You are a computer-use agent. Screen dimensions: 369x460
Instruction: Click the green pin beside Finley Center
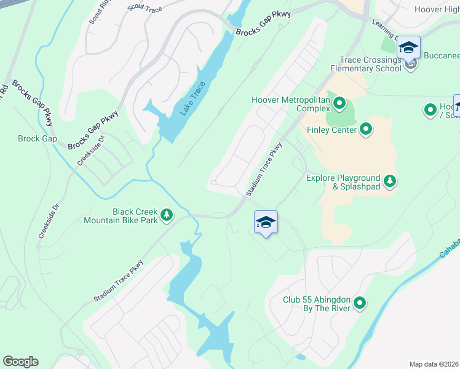pyautogui.click(x=366, y=129)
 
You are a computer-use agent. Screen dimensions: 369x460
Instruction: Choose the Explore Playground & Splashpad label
pyautogui.click(x=343, y=182)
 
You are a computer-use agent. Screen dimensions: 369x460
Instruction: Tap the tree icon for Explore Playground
pyautogui.click(x=389, y=181)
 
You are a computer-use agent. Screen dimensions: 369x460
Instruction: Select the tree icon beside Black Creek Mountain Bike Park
pyautogui.click(x=167, y=215)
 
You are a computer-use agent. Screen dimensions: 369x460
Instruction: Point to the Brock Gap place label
pyautogui.click(x=38, y=139)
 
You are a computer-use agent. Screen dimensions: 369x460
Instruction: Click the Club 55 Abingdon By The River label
pyautogui.click(x=316, y=304)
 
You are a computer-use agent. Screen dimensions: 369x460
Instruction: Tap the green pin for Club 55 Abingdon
pyautogui.click(x=360, y=303)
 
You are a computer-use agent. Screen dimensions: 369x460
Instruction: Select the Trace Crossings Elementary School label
pyautogui.click(x=370, y=65)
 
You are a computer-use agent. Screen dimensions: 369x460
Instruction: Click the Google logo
pyautogui.click(x=20, y=362)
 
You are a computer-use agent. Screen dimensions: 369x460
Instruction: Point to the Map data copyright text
pyautogui.click(x=434, y=364)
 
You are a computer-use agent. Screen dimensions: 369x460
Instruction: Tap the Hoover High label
pyautogui.click(x=437, y=9)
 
